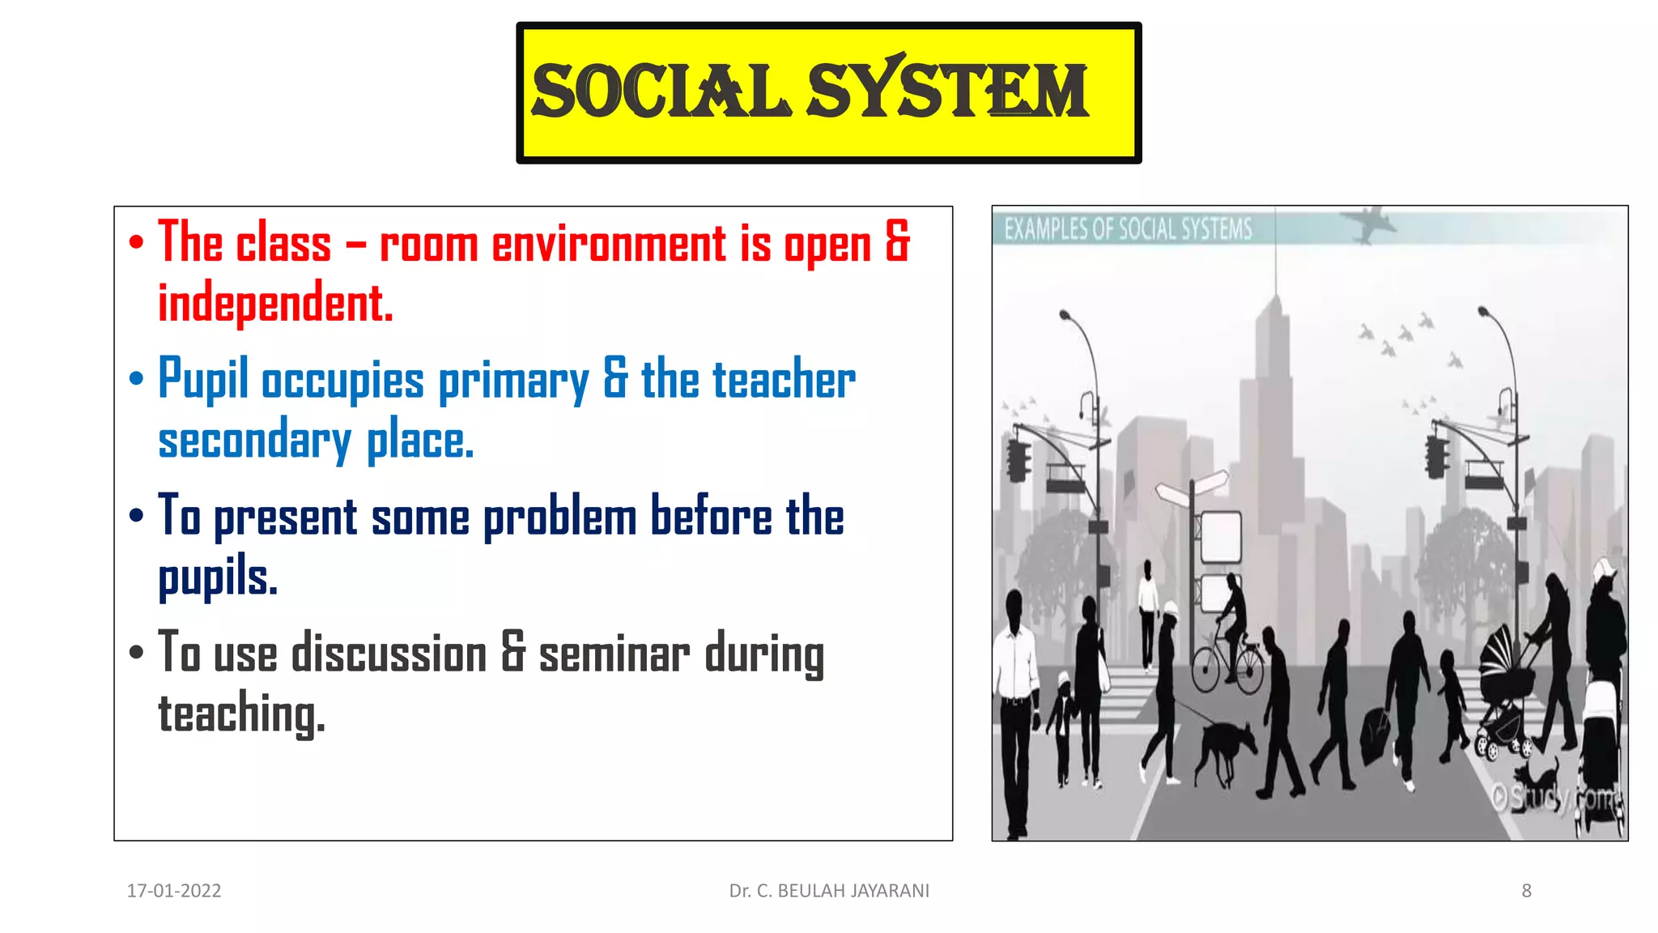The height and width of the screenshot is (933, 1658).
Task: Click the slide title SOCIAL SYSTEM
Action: point(810,92)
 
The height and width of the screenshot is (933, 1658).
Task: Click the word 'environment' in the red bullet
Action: point(609,243)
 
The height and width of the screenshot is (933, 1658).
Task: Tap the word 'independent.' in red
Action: point(275,304)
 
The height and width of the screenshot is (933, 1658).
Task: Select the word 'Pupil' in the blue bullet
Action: point(202,379)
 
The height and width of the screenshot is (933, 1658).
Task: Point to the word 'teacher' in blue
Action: point(784,379)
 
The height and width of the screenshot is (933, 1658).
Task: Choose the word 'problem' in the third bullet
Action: point(559,518)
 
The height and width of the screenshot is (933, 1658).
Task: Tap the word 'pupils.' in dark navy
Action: point(218,577)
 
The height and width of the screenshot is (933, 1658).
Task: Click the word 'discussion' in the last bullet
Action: point(389,654)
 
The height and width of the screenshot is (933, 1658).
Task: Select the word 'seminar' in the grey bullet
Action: point(614,654)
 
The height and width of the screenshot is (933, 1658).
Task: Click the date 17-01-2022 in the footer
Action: point(174,891)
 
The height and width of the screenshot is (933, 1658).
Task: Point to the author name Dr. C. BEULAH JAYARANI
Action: point(829,891)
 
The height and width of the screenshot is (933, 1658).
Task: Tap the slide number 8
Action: point(1526,891)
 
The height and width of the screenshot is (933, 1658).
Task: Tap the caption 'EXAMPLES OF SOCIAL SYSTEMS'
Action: point(1128,229)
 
